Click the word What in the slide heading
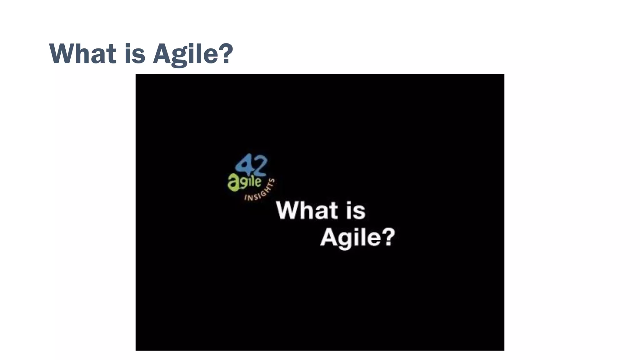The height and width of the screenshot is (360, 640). point(83,54)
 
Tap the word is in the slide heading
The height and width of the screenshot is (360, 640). point(135,54)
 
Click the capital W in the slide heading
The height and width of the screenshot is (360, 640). point(64,54)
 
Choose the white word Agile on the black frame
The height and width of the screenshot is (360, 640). point(350,238)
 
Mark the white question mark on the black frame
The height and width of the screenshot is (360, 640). point(389,237)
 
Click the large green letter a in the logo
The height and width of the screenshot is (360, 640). point(233,183)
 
